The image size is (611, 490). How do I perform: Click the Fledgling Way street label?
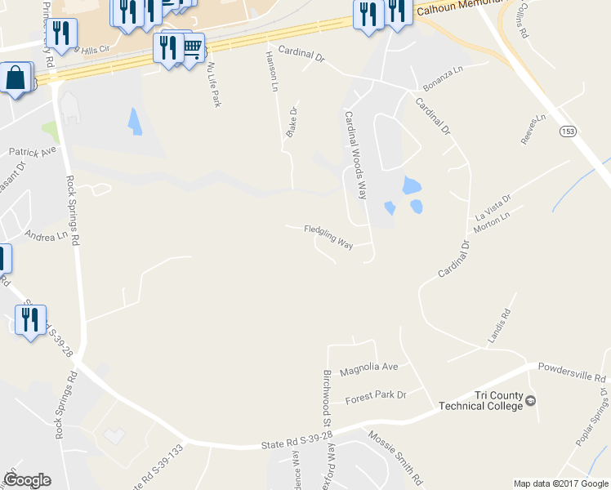[328, 237]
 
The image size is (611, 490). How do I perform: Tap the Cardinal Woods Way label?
[355, 155]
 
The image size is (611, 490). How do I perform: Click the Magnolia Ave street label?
[368, 367]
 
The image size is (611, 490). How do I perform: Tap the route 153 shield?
[567, 131]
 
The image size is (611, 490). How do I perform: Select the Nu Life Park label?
[215, 84]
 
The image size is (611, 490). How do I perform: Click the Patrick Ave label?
[32, 152]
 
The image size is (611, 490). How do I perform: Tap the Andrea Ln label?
[46, 235]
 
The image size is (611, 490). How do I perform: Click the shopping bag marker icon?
[16, 79]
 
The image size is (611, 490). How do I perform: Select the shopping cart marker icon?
[192, 48]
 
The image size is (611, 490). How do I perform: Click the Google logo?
[27, 480]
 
